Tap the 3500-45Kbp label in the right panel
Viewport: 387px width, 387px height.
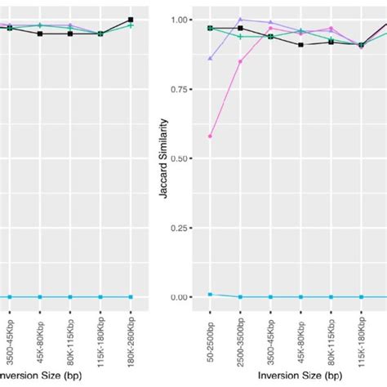pos(271,338)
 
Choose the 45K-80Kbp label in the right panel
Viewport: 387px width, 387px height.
pos(301,336)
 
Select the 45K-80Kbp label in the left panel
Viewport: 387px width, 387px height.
pos(41,336)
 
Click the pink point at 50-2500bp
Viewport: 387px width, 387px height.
pos(210,136)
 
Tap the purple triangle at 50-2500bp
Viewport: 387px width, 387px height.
pos(210,59)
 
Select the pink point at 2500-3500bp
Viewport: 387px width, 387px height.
pos(240,61)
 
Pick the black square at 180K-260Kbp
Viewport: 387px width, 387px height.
pos(131,20)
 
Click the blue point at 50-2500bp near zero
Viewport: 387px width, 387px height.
pos(210,294)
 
